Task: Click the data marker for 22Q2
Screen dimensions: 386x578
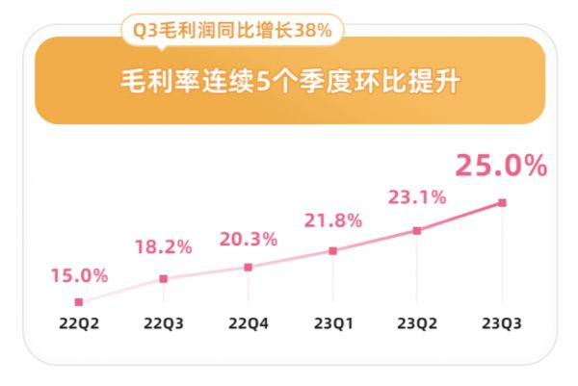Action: pos(79,301)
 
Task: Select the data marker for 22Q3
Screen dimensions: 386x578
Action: pos(164,279)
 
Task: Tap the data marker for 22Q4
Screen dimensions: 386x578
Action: pos(249,267)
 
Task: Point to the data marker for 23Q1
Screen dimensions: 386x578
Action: pos(333,250)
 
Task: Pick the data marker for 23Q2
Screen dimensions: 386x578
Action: pos(417,231)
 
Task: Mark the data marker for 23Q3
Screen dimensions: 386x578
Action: pos(502,202)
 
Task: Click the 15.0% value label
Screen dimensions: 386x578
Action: pos(79,275)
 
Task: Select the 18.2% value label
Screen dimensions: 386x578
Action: pos(164,247)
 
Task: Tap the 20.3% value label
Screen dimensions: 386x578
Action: pos(249,237)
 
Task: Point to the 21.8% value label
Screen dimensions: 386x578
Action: pos(333,220)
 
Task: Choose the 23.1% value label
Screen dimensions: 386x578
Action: pos(417,197)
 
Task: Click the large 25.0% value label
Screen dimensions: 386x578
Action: pos(502,166)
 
